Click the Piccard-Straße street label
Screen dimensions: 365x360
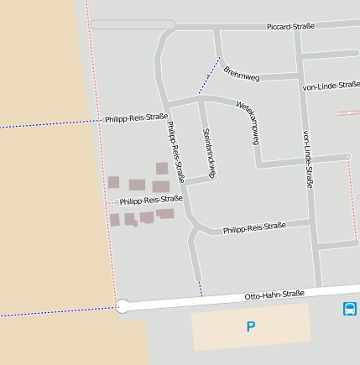tap(290, 27)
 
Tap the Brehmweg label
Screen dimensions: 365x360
tap(242, 74)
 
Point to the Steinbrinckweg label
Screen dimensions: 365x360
tap(209, 152)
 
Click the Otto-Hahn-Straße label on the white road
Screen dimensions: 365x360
tap(274, 295)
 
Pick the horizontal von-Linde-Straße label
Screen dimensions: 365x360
tap(331, 85)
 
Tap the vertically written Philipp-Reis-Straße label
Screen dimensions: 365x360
tap(175, 153)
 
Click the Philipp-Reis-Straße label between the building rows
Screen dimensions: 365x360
tap(151, 201)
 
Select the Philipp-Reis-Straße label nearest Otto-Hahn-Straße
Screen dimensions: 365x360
tap(254, 227)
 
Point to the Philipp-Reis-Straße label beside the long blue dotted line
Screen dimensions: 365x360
tap(136, 118)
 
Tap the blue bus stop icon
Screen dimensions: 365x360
tap(349, 309)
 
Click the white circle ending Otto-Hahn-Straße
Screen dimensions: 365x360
tap(123, 306)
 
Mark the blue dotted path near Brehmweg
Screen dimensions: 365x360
tap(209, 76)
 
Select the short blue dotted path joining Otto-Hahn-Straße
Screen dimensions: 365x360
tap(201, 289)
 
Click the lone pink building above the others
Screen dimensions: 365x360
tap(161, 168)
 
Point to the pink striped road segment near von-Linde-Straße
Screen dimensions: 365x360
tap(347, 112)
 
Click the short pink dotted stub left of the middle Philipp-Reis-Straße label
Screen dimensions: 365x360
tap(110, 202)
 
